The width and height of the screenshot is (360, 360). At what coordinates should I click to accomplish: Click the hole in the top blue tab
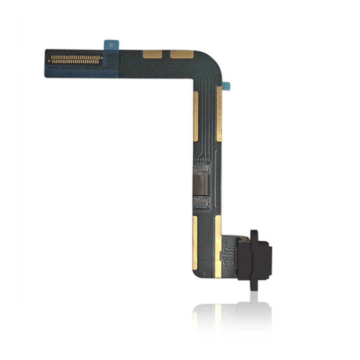(x=111, y=45)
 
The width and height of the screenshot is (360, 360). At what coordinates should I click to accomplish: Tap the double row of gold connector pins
(x=76, y=59)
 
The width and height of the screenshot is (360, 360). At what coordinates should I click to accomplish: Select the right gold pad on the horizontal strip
(x=182, y=54)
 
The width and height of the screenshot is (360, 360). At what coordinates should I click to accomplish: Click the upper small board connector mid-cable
(x=201, y=168)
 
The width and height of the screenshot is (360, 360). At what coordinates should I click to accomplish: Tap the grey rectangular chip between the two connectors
(x=202, y=185)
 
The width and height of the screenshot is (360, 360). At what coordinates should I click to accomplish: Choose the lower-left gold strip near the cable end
(x=195, y=243)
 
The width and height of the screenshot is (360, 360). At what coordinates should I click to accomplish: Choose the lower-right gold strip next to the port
(x=218, y=247)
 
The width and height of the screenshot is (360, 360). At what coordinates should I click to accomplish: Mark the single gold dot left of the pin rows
(x=49, y=61)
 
